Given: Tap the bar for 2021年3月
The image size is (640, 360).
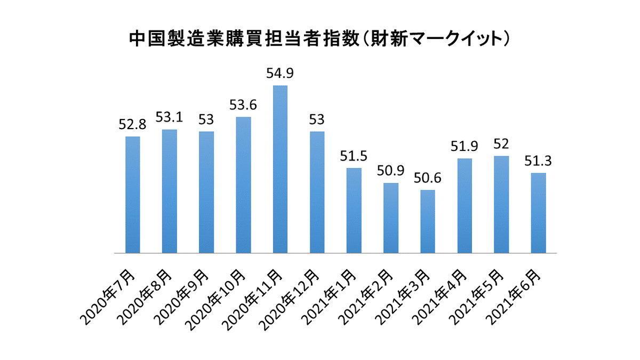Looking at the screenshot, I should click(427, 221).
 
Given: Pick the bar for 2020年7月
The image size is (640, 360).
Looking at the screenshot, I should click(133, 195).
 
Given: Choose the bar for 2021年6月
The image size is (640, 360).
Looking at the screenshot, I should click(538, 213).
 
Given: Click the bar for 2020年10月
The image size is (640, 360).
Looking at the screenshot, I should click(243, 185).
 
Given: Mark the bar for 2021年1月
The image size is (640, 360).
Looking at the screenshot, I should click(354, 210).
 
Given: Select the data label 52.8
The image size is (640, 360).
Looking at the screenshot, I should click(132, 125).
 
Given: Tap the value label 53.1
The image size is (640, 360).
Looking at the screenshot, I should click(169, 117).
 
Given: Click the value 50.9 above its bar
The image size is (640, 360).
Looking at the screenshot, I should click(390, 171).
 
